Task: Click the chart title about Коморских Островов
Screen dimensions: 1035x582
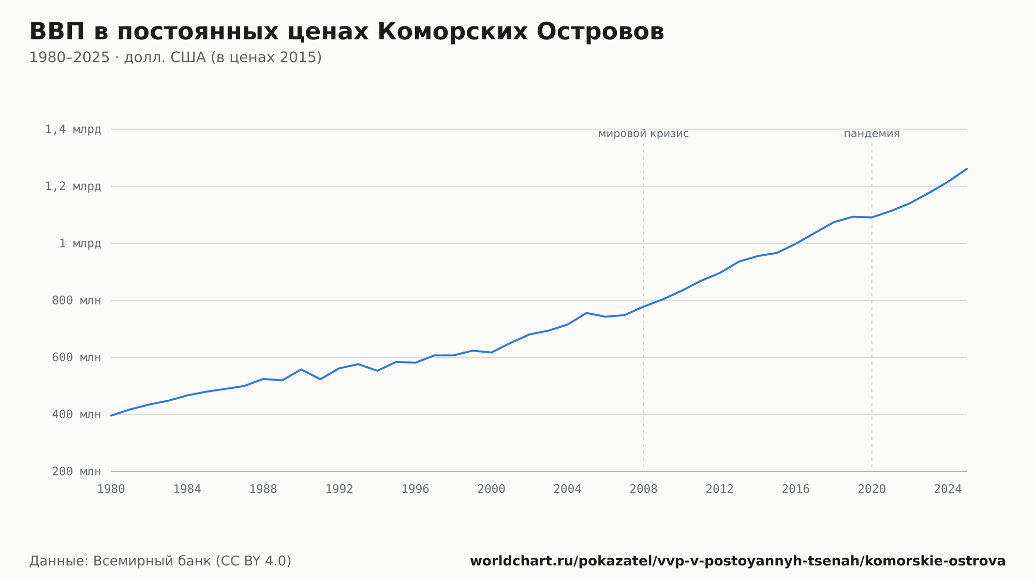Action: click(x=347, y=32)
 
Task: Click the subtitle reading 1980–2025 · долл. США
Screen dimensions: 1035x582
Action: click(x=175, y=57)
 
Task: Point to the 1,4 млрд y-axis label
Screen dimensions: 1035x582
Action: click(x=73, y=129)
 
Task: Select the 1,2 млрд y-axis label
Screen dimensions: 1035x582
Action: click(x=73, y=186)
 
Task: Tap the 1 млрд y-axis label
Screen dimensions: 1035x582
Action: click(x=80, y=243)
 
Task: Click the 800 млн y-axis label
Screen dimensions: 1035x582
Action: click(x=77, y=300)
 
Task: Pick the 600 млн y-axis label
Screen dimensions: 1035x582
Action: click(x=77, y=357)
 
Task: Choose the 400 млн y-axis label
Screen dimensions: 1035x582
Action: click(x=77, y=414)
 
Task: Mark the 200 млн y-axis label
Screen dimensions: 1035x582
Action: click(x=77, y=471)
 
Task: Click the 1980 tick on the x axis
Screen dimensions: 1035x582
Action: click(x=111, y=489)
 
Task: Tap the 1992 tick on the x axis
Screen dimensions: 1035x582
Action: click(x=339, y=489)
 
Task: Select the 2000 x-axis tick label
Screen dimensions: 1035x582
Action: click(x=492, y=489)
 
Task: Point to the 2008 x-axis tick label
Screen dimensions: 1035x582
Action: click(x=644, y=489)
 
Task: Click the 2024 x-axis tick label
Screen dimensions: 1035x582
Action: click(x=948, y=489)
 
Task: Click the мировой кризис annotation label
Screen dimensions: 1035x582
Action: click(x=644, y=134)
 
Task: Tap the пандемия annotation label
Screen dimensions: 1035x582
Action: click(x=872, y=134)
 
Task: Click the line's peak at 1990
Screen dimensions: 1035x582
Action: click(x=301, y=369)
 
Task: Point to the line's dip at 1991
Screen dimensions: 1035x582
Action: click(x=320, y=380)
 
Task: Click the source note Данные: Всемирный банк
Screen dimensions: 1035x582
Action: click(x=160, y=561)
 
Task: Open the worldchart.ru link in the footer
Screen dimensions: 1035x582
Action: click(x=738, y=561)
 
